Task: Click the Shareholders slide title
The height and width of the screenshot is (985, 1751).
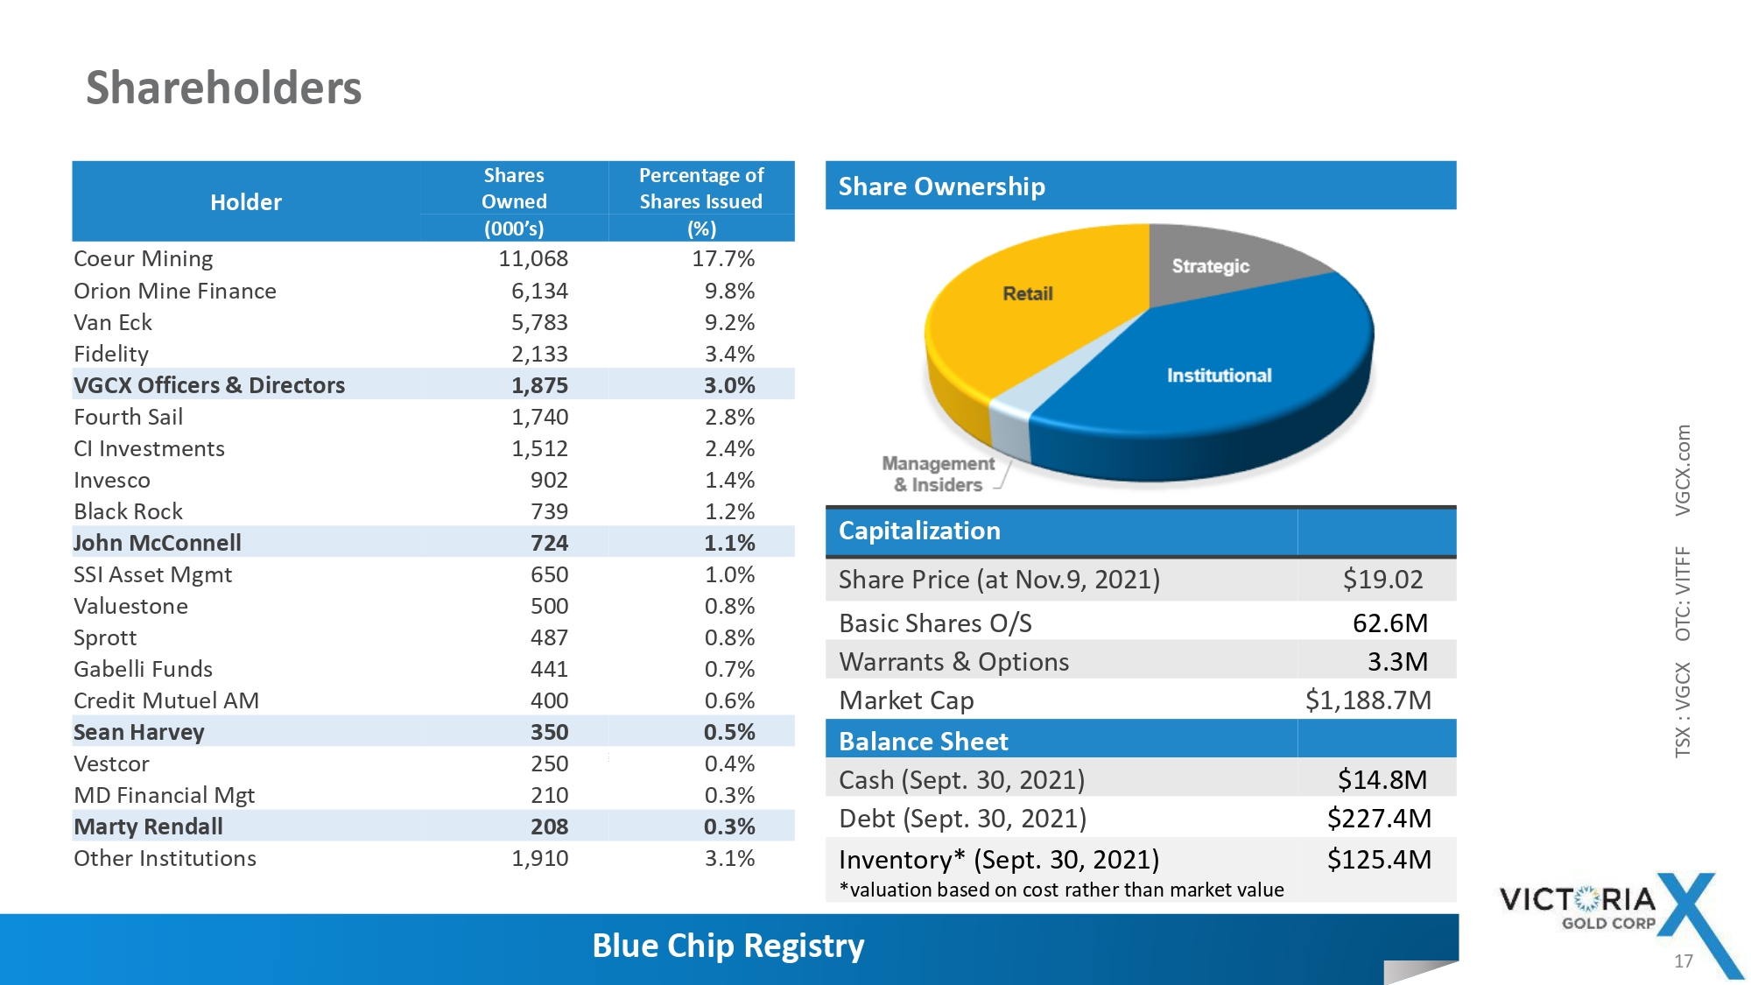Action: pyautogui.click(x=223, y=88)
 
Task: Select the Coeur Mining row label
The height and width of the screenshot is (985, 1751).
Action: pyautogui.click(x=144, y=259)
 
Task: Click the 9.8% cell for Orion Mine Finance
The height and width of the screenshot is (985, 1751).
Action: pyautogui.click(x=729, y=291)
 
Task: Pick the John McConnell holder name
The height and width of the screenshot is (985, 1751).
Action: pyautogui.click(x=158, y=543)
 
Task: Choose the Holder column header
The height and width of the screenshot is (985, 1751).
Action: pyautogui.click(x=246, y=202)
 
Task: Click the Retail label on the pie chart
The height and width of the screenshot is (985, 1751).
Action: pyautogui.click(x=1028, y=293)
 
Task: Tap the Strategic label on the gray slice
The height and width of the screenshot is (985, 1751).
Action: pyautogui.click(x=1210, y=266)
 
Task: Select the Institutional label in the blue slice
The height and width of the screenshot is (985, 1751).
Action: pyautogui.click(x=1219, y=376)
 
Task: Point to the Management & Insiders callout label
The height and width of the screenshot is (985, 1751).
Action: pyautogui.click(x=938, y=474)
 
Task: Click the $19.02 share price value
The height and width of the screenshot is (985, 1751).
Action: pyautogui.click(x=1382, y=580)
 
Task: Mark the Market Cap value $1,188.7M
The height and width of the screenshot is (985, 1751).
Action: pyautogui.click(x=1368, y=700)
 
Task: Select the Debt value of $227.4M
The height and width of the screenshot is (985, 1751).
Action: pyautogui.click(x=1379, y=819)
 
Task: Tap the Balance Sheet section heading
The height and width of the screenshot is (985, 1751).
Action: pyautogui.click(x=923, y=742)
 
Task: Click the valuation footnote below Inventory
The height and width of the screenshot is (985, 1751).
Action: pyautogui.click(x=1061, y=890)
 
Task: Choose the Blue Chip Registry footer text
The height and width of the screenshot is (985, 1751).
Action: pyautogui.click(x=728, y=946)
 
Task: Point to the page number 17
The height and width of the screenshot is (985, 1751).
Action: pyautogui.click(x=1683, y=961)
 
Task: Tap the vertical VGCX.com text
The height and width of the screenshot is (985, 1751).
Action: pyautogui.click(x=1683, y=470)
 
